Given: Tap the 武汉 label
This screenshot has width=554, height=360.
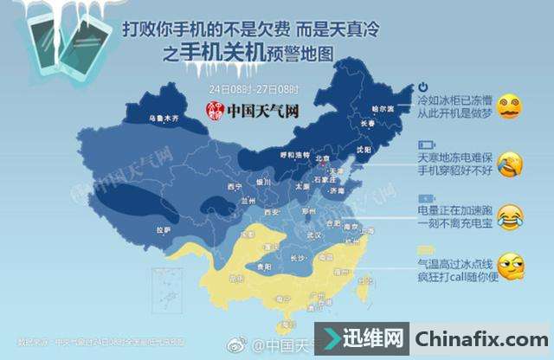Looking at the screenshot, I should [314, 235].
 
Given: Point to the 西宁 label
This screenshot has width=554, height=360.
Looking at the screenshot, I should [231, 187].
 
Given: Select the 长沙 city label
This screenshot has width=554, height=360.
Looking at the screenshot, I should [300, 257].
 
